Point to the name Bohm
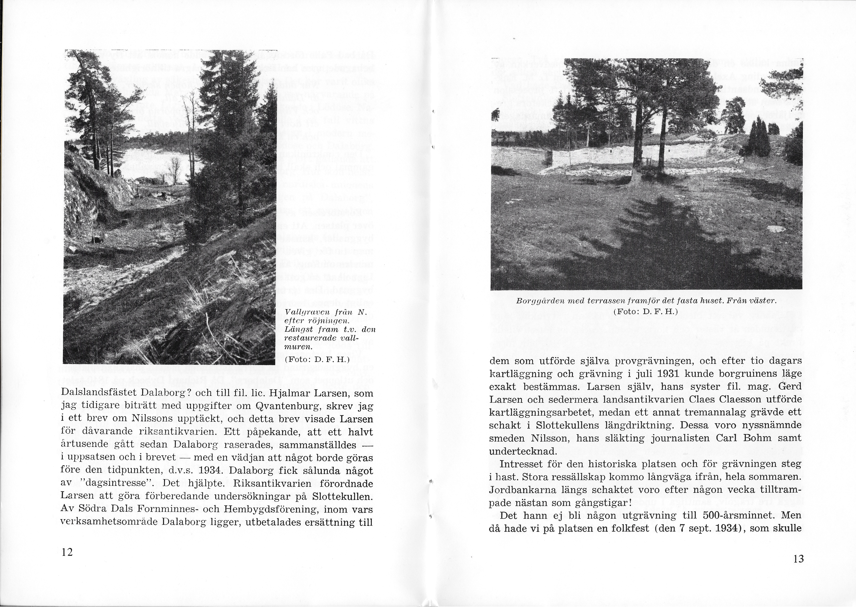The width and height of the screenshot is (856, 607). [x=758, y=438]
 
